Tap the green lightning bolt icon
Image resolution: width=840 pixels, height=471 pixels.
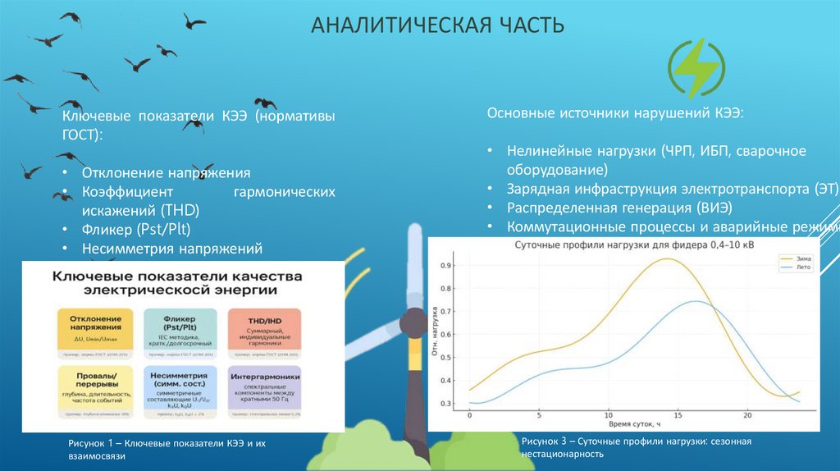point(696,69)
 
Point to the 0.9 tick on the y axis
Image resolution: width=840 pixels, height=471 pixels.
point(446,266)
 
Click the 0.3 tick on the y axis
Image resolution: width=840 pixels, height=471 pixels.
point(446,404)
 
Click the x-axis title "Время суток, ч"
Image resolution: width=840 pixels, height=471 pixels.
point(634,425)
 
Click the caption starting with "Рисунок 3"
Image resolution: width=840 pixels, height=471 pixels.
point(636,447)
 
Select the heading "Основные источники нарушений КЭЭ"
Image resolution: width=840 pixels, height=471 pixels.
point(615,112)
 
